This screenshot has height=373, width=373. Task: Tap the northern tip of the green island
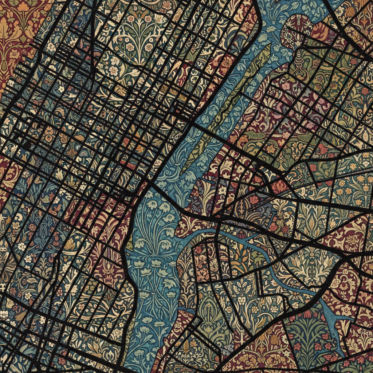[x=268, y=47]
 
